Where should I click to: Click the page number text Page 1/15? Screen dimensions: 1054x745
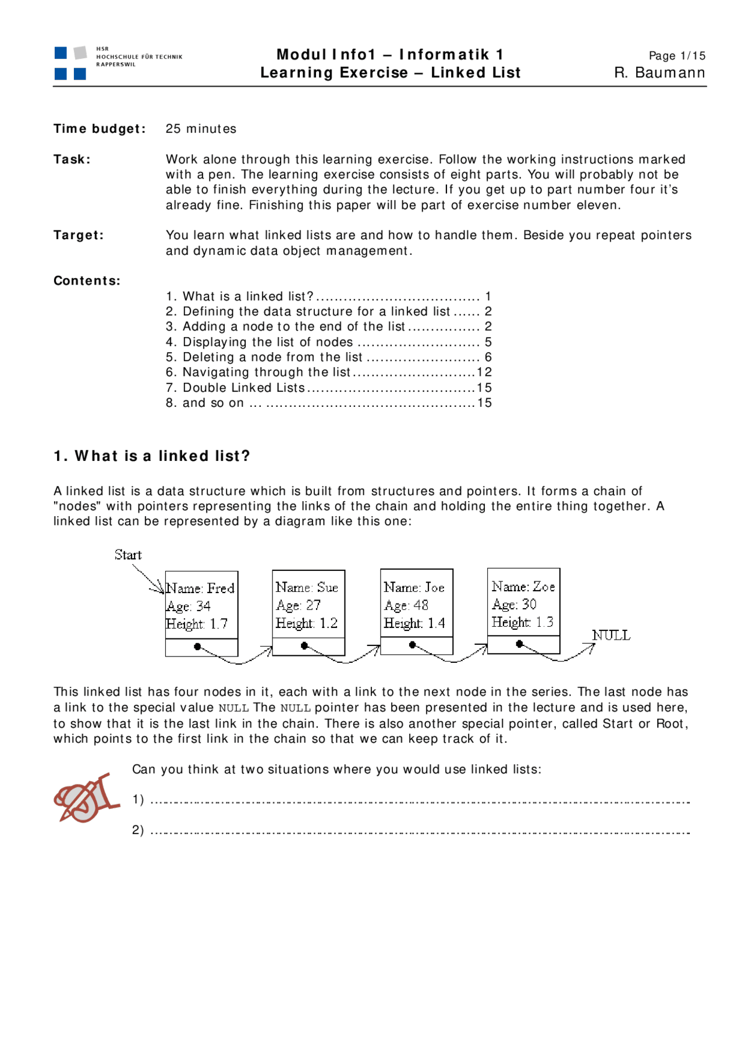pos(677,56)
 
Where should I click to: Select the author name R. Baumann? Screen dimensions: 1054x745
pos(659,73)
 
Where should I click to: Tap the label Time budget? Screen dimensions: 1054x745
pos(100,129)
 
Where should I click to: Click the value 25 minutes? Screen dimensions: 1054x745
pos(201,129)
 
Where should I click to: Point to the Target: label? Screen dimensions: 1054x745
pos(79,235)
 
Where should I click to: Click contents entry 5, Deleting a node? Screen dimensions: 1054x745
pos(272,357)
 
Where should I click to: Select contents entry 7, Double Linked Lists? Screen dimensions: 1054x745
pos(243,388)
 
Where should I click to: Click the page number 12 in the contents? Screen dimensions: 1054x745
pos(484,372)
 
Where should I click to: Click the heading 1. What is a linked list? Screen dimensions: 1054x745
pos(152,456)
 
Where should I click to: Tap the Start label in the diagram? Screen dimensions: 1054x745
pos(128,555)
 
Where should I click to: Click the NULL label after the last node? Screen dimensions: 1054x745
pos(611,635)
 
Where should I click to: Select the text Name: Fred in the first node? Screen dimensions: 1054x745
pos(200,588)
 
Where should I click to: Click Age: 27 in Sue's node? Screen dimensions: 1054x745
pos(298,605)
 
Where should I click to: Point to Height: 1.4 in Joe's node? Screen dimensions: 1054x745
pos(414,623)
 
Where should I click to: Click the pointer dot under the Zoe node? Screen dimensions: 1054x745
pos(519,644)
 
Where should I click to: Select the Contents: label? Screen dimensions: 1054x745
pos(87,281)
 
